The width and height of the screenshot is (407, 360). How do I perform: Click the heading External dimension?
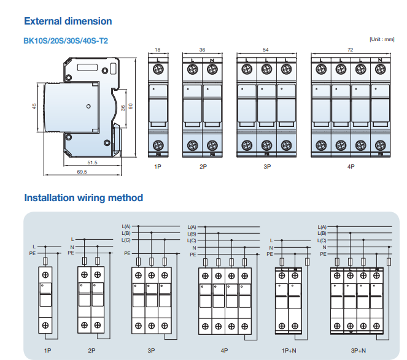click(68, 21)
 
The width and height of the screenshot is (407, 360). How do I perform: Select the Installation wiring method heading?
click(83, 197)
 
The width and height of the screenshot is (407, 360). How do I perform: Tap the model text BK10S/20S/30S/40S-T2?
click(66, 40)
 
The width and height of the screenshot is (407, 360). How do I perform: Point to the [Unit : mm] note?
click(381, 39)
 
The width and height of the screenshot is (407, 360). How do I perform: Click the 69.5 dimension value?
click(82, 172)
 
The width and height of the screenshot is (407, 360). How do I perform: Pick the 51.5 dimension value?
click(93, 163)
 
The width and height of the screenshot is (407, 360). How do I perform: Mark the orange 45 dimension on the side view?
click(35, 107)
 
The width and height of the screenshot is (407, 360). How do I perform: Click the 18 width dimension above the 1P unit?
click(157, 49)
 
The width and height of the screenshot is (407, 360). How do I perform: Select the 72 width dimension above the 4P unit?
click(349, 49)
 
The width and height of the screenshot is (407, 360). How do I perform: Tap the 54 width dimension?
click(266, 49)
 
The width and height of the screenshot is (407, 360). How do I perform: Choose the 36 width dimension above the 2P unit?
click(203, 49)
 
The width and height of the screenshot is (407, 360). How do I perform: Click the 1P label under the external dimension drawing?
click(157, 166)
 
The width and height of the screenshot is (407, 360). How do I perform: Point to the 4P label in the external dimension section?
click(351, 166)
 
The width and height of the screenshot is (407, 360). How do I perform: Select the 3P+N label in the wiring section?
click(358, 350)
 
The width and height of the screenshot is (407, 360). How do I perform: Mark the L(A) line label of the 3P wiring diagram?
click(126, 227)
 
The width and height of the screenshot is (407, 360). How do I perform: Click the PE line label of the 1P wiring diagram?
click(32, 253)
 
